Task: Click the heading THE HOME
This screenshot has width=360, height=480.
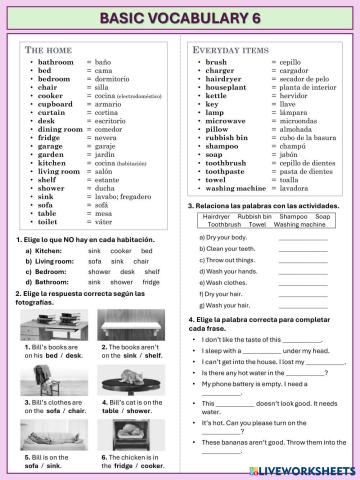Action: point(46,49)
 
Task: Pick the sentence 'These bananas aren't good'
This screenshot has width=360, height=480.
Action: point(270,440)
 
